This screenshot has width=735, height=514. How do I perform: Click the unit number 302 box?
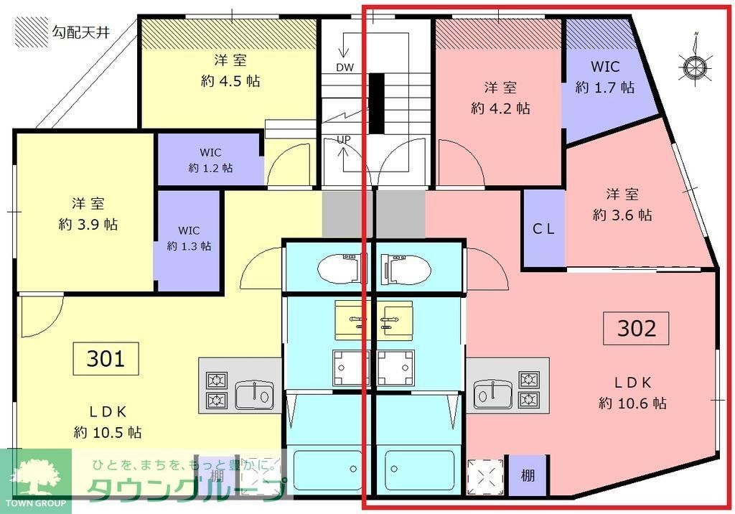(637, 328)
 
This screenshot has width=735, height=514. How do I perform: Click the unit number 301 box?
(106, 358)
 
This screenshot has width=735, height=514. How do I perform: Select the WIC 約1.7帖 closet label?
(605, 78)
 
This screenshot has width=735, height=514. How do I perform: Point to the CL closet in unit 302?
(543, 229)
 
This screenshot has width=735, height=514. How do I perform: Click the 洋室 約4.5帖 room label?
(230, 70)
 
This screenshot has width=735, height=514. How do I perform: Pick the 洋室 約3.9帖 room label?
(88, 213)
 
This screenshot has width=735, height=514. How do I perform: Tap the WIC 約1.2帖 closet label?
(210, 160)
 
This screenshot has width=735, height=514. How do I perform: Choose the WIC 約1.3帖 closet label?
(189, 238)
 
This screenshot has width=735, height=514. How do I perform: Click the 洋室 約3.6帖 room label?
(622, 204)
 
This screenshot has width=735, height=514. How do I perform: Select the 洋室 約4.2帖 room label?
(500, 98)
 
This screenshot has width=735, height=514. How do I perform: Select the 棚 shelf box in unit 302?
(528, 475)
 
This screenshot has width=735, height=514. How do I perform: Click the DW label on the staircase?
(345, 67)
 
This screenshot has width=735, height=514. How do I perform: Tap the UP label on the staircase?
(343, 139)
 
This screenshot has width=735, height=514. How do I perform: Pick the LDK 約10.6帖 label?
(632, 392)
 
